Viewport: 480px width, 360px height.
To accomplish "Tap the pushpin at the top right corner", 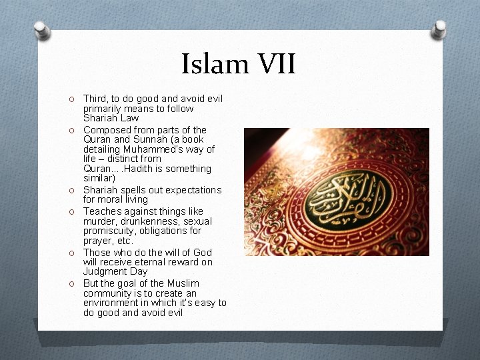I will click(x=439, y=29).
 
